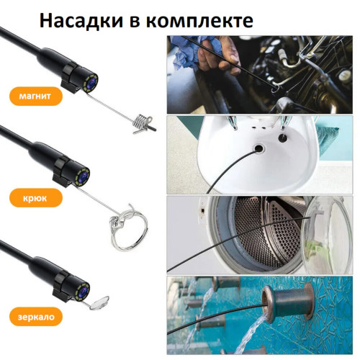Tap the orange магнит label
click(28, 96)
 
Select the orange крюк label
click(28, 196)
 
